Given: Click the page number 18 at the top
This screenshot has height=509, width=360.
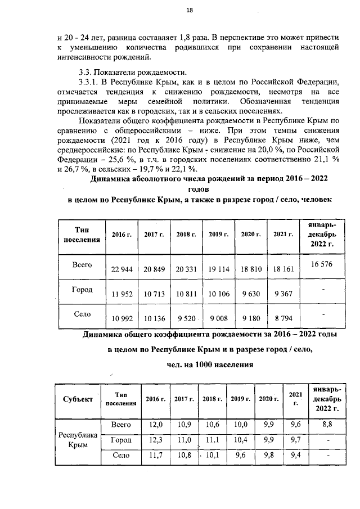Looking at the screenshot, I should tap(190, 11).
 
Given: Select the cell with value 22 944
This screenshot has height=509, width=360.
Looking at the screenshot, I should tap(122, 269).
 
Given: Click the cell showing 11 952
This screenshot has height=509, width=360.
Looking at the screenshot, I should tap(122, 294).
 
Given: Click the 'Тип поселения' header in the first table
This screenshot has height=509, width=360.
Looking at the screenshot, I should tap(83, 235).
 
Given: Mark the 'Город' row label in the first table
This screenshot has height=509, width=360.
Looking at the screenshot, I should tap(83, 290).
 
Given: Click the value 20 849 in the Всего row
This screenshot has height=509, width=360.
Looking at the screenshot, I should tap(154, 269).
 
